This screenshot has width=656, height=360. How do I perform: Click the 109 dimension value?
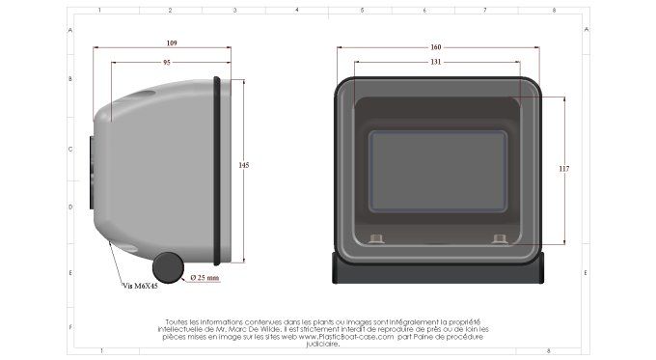[x=171, y=43]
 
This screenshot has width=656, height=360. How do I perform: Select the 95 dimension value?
[x=167, y=62]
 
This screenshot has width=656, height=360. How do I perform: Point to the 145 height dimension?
[x=243, y=166]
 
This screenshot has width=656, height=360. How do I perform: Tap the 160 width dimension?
[x=435, y=47]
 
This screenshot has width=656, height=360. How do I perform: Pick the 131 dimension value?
[x=435, y=62]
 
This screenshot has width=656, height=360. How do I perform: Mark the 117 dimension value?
[x=564, y=169]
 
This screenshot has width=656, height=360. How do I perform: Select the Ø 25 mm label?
[x=205, y=277]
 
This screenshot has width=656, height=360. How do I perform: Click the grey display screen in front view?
[x=439, y=172]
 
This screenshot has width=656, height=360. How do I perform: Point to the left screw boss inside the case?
[x=377, y=237]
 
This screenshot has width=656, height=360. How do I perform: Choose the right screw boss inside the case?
[x=499, y=237]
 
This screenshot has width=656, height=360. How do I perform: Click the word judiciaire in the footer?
[x=323, y=345]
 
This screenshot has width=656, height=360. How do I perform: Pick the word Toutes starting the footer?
[x=178, y=321]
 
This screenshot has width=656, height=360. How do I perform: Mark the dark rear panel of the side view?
[x=89, y=174]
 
